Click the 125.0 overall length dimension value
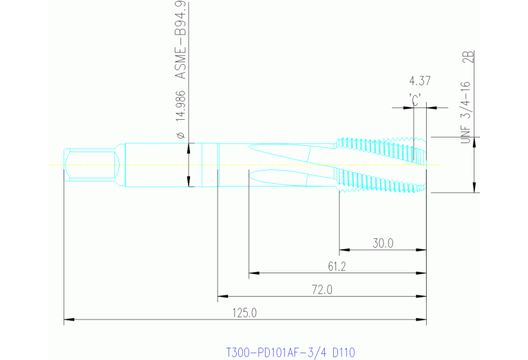(x=244, y=313)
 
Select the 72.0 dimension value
(x=321, y=290)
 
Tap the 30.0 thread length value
(x=383, y=243)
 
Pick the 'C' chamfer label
(x=415, y=98)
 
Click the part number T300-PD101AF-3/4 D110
(x=291, y=352)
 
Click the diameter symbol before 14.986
(x=181, y=134)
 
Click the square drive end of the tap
(x=90, y=165)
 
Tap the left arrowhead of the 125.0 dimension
(x=67, y=319)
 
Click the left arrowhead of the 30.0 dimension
(x=343, y=250)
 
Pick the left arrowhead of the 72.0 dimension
(x=221, y=297)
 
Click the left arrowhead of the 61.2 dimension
(x=253, y=273)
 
